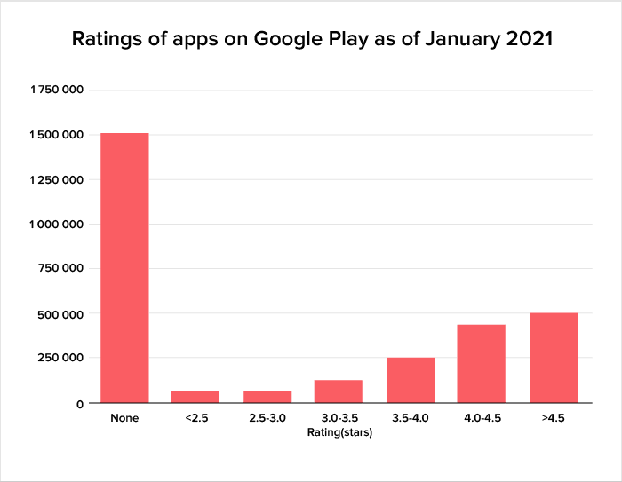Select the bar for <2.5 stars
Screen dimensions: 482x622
[195, 397]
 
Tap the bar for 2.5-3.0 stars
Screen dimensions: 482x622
[267, 397]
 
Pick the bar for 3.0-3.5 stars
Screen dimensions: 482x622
[339, 391]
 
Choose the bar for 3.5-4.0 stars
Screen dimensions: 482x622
[411, 380]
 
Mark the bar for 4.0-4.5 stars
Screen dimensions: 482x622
[482, 364]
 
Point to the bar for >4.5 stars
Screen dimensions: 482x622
[554, 358]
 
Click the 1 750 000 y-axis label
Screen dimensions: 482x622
[58, 91]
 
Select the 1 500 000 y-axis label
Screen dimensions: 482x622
[58, 135]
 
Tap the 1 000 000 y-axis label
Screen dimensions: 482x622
[58, 225]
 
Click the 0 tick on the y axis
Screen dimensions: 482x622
[80, 403]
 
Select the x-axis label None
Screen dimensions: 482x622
[124, 417]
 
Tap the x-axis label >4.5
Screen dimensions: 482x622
[554, 417]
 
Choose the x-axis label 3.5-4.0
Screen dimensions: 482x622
[411, 417]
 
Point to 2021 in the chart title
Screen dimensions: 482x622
[526, 41]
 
